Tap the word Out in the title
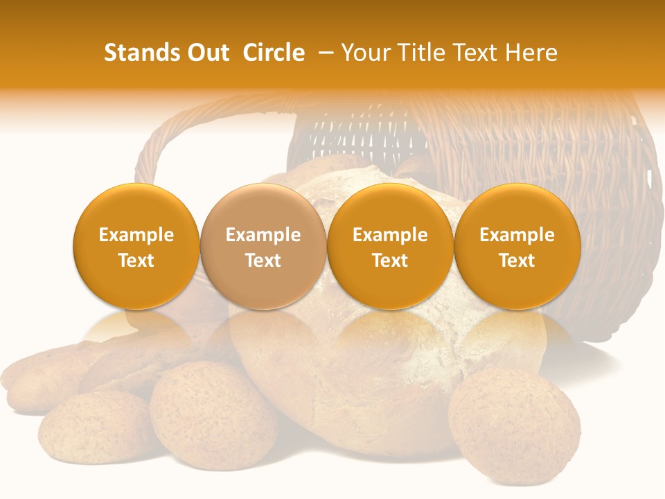pos(207,53)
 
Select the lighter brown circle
pos(263,246)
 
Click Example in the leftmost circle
pos(136,235)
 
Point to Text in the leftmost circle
pos(136,261)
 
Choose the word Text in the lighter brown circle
pos(263,261)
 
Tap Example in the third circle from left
pos(390,235)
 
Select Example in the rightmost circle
pos(517,235)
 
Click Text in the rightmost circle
pos(517,261)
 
